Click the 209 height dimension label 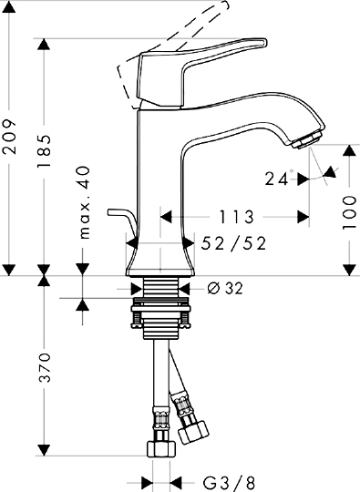9,136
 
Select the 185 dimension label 44,151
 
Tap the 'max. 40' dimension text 84,202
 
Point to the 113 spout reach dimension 236,217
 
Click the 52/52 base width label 233,243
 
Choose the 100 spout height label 349,212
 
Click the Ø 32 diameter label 225,288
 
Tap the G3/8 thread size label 229,483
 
